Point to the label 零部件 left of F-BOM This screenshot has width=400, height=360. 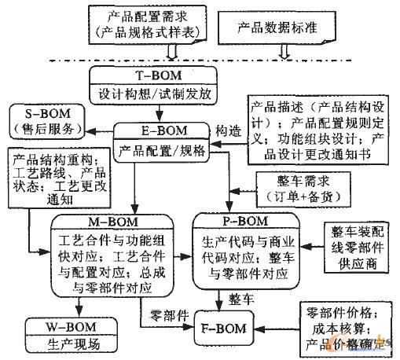[168, 314]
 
